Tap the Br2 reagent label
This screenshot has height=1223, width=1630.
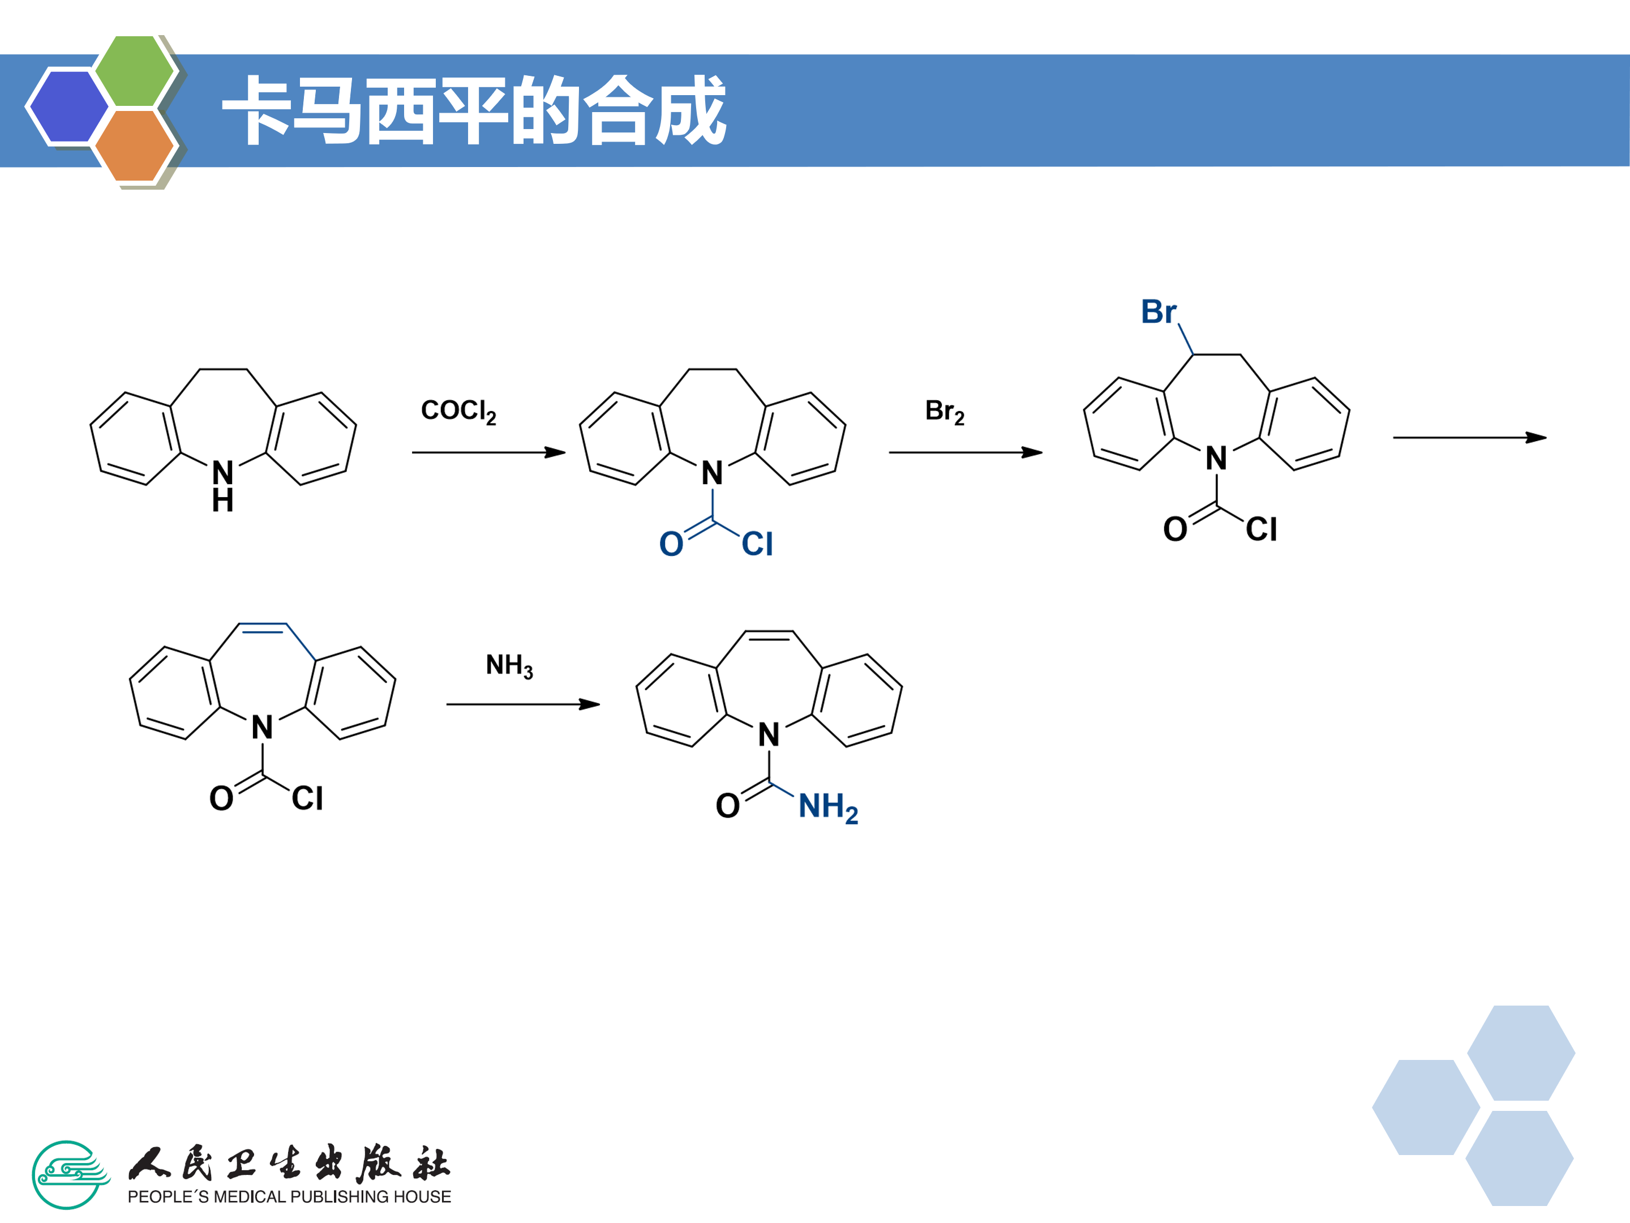944,412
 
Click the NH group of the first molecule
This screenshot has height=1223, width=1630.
222,486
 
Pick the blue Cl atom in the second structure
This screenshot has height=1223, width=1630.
757,544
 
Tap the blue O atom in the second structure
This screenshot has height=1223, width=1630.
671,544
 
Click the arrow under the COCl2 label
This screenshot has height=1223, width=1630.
488,452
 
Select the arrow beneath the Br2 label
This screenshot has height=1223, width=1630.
966,452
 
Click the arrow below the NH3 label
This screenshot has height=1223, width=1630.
522,704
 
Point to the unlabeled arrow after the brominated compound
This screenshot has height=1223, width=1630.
1469,437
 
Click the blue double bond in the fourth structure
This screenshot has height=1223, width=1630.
263,627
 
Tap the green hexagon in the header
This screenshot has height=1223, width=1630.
134,71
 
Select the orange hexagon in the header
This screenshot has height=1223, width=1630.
134,145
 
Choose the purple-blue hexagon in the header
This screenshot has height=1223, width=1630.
68,106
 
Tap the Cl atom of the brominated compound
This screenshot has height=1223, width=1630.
1261,529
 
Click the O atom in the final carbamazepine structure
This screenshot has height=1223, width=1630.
727,806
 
